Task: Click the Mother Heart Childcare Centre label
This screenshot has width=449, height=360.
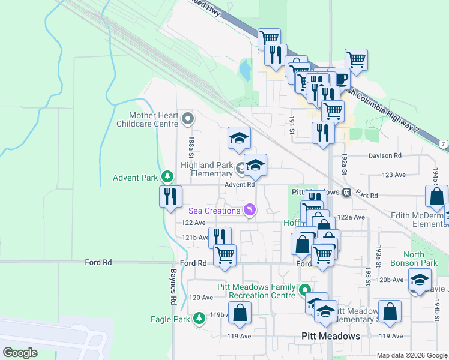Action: point(154,119)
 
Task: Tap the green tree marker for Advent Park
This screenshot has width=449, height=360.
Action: point(169,178)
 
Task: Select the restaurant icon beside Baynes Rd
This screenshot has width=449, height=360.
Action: point(170,196)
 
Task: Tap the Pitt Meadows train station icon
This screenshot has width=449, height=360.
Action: point(346,192)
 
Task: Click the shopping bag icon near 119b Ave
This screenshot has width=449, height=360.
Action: point(240,313)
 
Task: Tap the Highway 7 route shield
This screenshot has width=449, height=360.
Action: point(443,144)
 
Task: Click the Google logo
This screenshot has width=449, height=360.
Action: point(20,352)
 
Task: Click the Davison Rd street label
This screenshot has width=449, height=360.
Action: point(385,155)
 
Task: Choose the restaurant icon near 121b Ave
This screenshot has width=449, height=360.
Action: point(220,238)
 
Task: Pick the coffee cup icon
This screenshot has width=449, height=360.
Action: point(341,79)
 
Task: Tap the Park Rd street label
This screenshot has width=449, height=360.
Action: point(366,196)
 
